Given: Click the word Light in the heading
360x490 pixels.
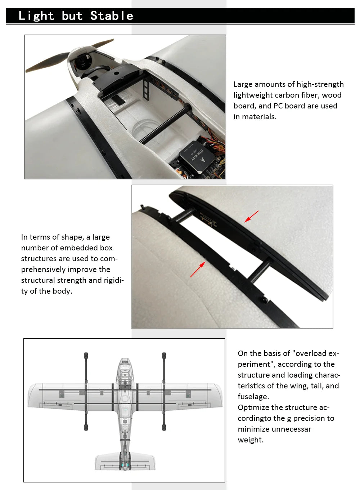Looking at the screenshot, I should [36, 16].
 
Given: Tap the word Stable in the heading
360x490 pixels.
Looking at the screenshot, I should [112, 16].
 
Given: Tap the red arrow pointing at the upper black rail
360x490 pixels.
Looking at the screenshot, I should [252, 216].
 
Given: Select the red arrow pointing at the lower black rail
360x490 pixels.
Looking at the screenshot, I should [198, 269].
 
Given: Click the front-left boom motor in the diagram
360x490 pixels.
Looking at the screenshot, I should [86, 356].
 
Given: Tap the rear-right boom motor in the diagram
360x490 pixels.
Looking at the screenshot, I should [164, 428].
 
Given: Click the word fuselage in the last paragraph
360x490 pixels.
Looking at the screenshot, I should [253, 397].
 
